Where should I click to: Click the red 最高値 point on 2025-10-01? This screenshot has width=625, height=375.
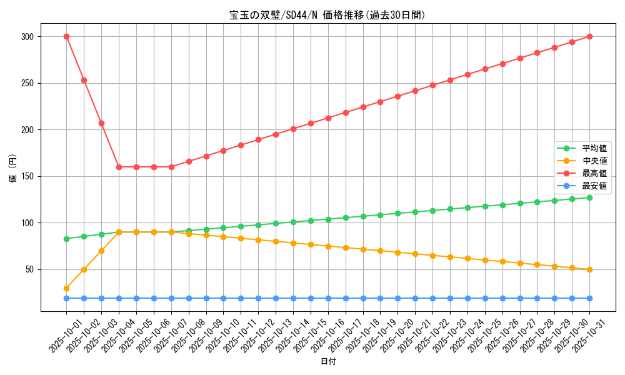(x=66, y=36)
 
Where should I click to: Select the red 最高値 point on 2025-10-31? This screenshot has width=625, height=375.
(x=589, y=36)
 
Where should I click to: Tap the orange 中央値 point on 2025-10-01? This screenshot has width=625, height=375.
(x=66, y=288)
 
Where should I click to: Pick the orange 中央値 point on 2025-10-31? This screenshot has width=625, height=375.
(x=589, y=269)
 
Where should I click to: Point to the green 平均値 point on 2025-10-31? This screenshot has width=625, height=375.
(x=589, y=197)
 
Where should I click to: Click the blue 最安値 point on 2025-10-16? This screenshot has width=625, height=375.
(x=328, y=298)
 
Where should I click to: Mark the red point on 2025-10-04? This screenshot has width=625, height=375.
(x=119, y=167)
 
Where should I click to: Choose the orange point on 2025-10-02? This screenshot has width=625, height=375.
(x=84, y=269)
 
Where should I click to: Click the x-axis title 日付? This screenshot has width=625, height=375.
(x=328, y=362)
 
